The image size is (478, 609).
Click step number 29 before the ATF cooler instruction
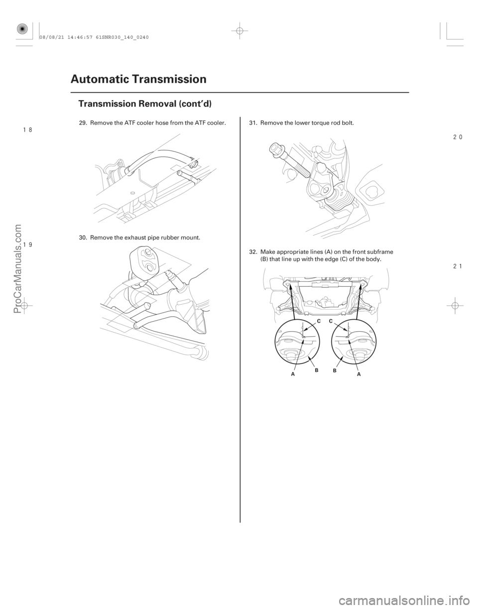coord(83,122)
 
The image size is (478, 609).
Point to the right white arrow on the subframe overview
coord(360,285)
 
